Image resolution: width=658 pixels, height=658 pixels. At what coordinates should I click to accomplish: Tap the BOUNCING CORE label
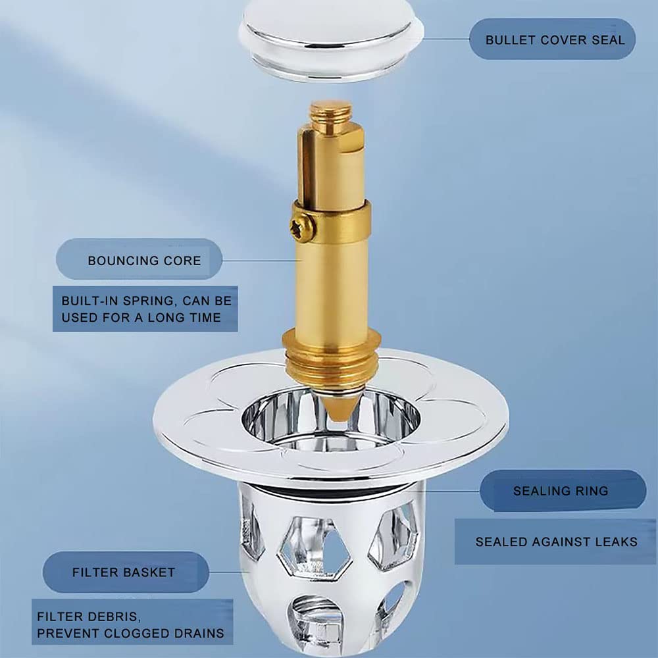click(144, 261)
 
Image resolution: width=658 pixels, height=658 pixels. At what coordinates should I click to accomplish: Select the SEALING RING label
click(561, 491)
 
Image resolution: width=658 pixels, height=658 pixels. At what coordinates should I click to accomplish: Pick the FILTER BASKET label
click(124, 572)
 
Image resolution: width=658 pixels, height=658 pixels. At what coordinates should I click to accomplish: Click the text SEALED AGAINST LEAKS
click(556, 542)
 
